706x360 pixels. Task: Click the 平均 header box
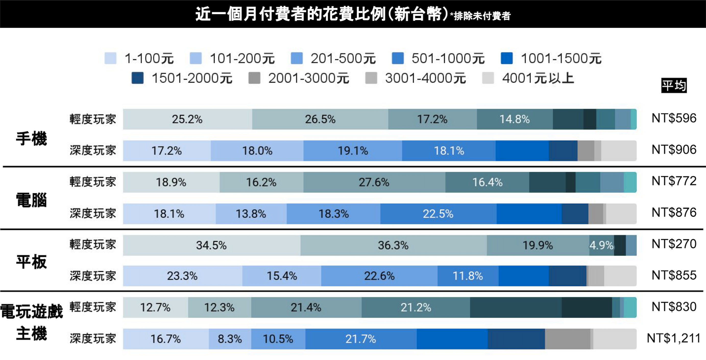[674, 86]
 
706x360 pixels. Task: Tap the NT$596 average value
[674, 118]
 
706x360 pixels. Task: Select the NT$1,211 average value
[674, 338]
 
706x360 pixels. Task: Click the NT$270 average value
[674, 244]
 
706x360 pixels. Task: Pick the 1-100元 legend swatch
[110, 58]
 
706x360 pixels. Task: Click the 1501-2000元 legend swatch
[137, 78]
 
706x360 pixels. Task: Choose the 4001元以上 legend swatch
[488, 78]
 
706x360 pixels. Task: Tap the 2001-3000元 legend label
[309, 78]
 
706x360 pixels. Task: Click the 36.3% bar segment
[393, 245]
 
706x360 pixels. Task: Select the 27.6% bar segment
[374, 182]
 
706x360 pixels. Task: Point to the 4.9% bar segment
[602, 245]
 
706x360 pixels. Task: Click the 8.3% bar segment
[230, 339]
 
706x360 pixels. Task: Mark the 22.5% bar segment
[438, 214]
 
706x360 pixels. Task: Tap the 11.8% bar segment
[468, 276]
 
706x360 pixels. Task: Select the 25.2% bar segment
[187, 119]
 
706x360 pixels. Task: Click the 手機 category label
[31, 138]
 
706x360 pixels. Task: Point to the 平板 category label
[31, 262]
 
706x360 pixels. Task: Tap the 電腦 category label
[31, 200]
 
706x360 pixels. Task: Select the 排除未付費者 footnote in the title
[482, 16]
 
